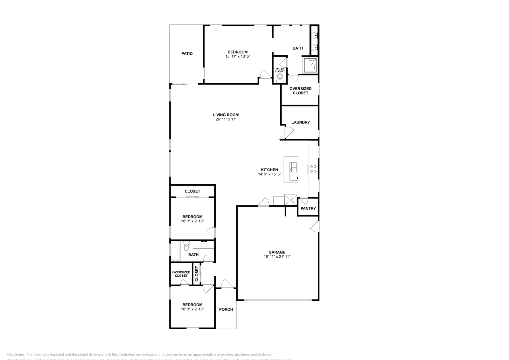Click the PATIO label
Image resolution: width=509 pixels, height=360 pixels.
click(x=187, y=54)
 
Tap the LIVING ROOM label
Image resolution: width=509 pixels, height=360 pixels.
click(x=226, y=115)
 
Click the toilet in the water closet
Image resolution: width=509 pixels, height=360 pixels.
click(x=280, y=79)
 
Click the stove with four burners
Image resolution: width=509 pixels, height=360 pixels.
click(x=313, y=169)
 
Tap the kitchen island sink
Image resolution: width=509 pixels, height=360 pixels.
click(x=293, y=167)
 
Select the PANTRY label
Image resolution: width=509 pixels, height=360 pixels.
click(x=308, y=208)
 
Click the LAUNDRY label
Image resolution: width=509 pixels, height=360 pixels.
click(x=301, y=122)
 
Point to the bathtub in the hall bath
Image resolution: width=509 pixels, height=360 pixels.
click(x=176, y=251)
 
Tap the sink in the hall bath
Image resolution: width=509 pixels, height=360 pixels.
click(x=204, y=244)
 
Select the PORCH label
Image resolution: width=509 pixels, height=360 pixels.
click(x=226, y=309)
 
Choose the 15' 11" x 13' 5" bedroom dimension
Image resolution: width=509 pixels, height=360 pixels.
click(x=238, y=56)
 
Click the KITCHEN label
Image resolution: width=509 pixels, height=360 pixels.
click(x=269, y=170)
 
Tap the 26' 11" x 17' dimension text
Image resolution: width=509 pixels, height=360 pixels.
click(x=226, y=119)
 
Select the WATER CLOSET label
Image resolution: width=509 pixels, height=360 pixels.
click(x=280, y=70)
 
